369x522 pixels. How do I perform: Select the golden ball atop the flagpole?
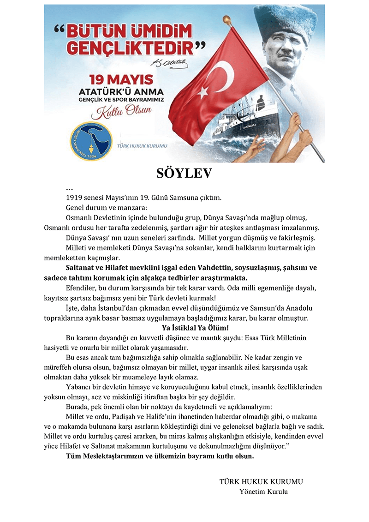click(x=227, y=20)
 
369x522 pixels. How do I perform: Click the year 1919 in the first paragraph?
click(x=75, y=198)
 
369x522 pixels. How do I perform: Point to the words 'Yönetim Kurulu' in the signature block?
click(x=263, y=492)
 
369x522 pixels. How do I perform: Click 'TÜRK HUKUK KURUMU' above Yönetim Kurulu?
click(x=261, y=482)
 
